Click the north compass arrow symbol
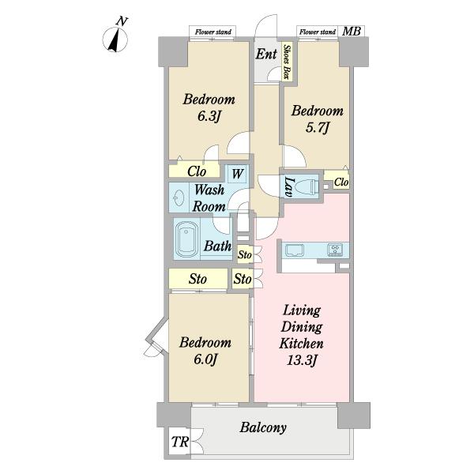pyautogui.click(x=115, y=39)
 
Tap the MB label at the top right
pyautogui.click(x=352, y=31)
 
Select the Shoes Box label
pyautogui.click(x=287, y=62)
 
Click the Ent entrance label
pyautogui.click(x=266, y=55)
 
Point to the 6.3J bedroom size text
pyautogui.click(x=208, y=117)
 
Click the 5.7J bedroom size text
pyautogui.click(x=317, y=128)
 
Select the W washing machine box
pyautogui.click(x=237, y=174)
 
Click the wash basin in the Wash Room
pyautogui.click(x=178, y=198)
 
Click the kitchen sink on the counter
pyautogui.click(x=294, y=250)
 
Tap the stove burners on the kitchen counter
pyautogui.click(x=335, y=250)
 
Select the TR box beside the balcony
pyautogui.click(x=179, y=442)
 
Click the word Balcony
pyautogui.click(x=263, y=428)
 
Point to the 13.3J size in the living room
pyautogui.click(x=302, y=360)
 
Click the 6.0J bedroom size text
pyautogui.click(x=205, y=359)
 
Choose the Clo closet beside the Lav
pyautogui.click(x=341, y=182)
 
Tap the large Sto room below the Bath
pyautogui.click(x=198, y=278)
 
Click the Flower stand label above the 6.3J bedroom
pyautogui.click(x=213, y=32)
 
